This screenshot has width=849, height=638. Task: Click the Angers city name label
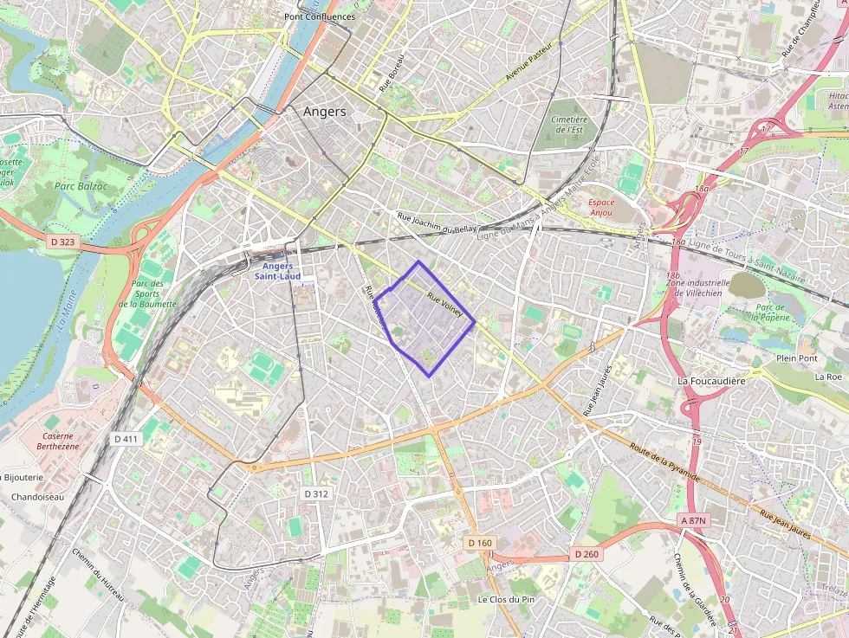[325, 112]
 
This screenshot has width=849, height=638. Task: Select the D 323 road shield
[63, 242]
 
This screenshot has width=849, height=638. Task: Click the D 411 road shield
[126, 439]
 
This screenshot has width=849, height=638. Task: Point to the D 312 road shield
[317, 493]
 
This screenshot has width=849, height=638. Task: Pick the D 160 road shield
[479, 543]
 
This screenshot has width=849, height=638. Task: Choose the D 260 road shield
[586, 554]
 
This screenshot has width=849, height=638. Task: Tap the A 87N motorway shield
[695, 520]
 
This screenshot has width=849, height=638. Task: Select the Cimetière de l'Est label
[569, 124]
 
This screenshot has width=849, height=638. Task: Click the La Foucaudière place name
[712, 381]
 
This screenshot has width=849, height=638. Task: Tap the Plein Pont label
[797, 358]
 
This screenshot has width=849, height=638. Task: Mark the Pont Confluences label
[320, 16]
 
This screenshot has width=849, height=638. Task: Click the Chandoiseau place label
[37, 497]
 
